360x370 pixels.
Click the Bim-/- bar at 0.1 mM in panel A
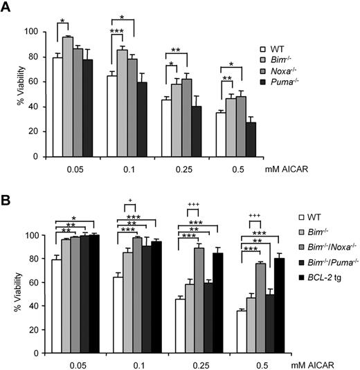122,103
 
